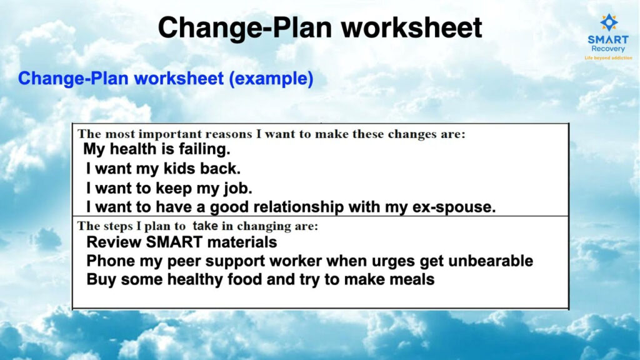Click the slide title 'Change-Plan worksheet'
click(320, 27)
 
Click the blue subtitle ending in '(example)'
click(166, 79)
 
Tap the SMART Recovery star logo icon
click(608, 22)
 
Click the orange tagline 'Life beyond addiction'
click(608, 57)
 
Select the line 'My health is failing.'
click(157, 150)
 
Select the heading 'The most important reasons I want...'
click(271, 134)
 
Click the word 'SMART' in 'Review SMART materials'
click(167, 242)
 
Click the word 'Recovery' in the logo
click(608, 49)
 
